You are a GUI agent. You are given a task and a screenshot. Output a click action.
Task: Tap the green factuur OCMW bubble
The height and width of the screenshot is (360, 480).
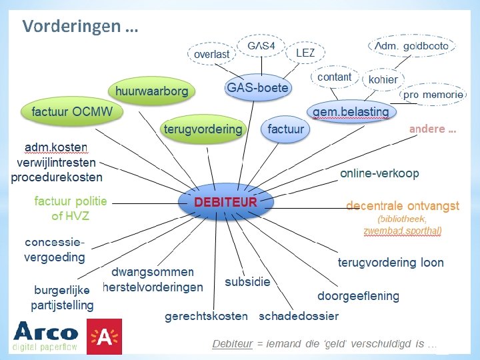tap(73, 111)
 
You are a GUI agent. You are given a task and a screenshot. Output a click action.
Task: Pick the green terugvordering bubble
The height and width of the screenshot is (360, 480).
tap(203, 129)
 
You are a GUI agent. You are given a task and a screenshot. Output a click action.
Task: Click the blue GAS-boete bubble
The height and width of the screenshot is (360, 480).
tap(257, 88)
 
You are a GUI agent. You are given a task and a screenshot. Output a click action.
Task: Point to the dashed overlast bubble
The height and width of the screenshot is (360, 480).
tap(211, 54)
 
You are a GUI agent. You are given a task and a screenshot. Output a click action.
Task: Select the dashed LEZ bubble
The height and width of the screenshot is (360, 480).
tap(305, 53)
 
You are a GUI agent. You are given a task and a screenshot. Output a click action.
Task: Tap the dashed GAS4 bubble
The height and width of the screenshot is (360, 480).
tap(261, 46)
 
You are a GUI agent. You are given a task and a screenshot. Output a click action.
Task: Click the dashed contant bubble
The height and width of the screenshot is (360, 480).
tap(334, 77)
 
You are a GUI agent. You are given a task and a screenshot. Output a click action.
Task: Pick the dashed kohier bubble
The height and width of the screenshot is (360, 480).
tap(383, 79)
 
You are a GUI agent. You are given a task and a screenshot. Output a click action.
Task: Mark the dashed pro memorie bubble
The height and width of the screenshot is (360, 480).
tap(433, 95)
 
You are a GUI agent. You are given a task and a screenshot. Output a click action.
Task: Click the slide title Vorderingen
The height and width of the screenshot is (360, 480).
tap(80, 27)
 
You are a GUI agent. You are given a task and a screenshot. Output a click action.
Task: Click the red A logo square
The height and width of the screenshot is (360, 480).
tap(104, 337)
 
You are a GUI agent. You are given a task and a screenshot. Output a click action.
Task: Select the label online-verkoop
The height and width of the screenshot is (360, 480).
tap(379, 173)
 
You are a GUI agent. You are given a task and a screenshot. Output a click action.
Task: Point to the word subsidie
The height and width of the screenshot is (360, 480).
tap(247, 282)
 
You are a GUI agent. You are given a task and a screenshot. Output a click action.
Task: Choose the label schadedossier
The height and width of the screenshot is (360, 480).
tap(299, 316)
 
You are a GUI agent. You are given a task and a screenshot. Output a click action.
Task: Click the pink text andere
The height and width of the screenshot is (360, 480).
tap(433, 129)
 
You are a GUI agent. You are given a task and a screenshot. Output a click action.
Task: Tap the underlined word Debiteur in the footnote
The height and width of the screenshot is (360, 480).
tap(232, 344)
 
